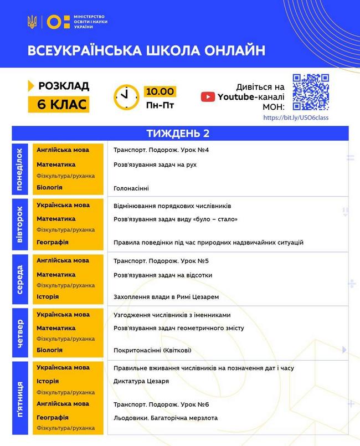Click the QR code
(311, 93)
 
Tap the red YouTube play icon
(208, 97)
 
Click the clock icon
(127, 97)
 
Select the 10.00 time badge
(160, 91)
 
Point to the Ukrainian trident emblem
(32, 22)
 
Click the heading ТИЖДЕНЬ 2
(180, 134)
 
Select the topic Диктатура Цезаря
(141, 381)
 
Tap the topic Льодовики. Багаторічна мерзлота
(166, 417)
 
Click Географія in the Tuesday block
(53, 242)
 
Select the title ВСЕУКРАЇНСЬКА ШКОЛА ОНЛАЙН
(146, 51)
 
